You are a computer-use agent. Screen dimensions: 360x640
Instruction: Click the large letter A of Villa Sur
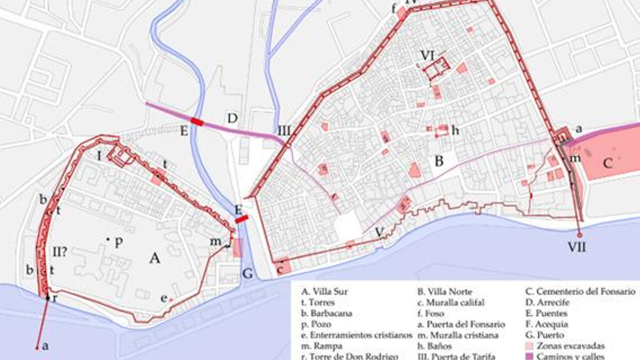click(x=155, y=258)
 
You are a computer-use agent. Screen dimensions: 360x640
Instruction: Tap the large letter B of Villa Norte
click(x=439, y=161)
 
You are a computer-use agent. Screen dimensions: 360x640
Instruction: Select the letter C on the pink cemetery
click(x=607, y=163)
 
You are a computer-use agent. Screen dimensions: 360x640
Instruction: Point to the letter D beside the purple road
click(x=232, y=118)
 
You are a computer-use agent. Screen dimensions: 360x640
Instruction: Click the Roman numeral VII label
click(x=577, y=247)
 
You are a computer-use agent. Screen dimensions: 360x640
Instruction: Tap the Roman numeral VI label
click(x=427, y=55)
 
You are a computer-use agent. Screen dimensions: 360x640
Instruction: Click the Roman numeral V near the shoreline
click(x=380, y=232)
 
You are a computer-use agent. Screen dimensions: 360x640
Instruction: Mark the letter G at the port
click(x=248, y=274)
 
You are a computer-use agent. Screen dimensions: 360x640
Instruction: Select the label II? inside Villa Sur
click(x=60, y=252)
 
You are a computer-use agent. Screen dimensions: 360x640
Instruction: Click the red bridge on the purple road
click(x=197, y=122)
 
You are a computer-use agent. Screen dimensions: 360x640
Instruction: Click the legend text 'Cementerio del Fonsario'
click(x=585, y=292)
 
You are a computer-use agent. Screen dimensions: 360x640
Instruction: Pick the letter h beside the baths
click(x=455, y=130)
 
